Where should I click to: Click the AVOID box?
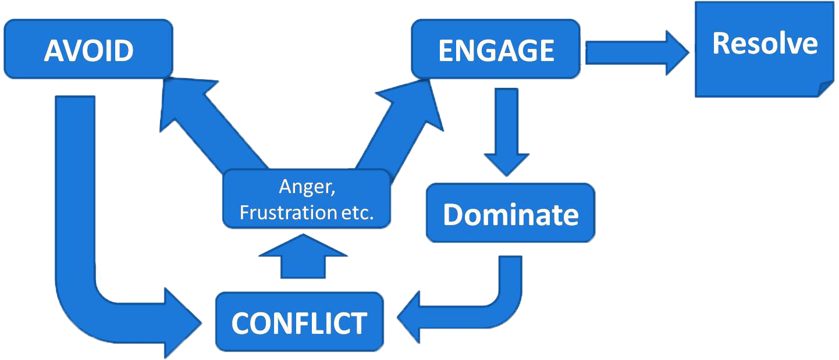coord(88,50)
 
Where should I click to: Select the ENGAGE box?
coord(496,50)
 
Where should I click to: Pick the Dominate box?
coord(510,213)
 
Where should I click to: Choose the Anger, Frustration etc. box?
coord(306,199)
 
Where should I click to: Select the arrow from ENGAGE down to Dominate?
coord(506,134)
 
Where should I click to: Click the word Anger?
coord(306,188)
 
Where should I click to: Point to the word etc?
coord(357,212)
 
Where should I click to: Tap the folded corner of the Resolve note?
coord(826,89)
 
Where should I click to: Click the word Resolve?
coord(765,44)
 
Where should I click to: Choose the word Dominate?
coord(510,215)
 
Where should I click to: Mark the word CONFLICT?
coord(299,323)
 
